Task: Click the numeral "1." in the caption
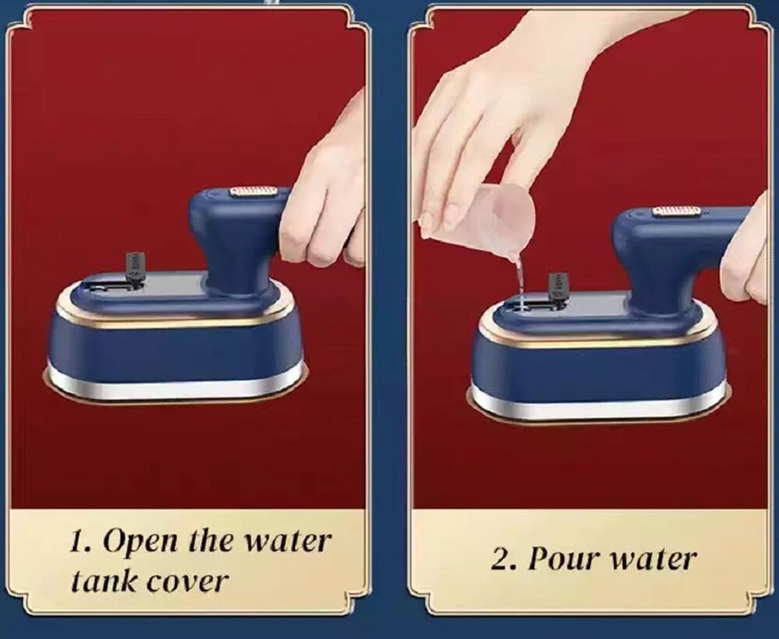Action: coord(81,541)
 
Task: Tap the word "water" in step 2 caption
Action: coord(652,560)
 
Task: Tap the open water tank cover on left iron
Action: coord(135,267)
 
